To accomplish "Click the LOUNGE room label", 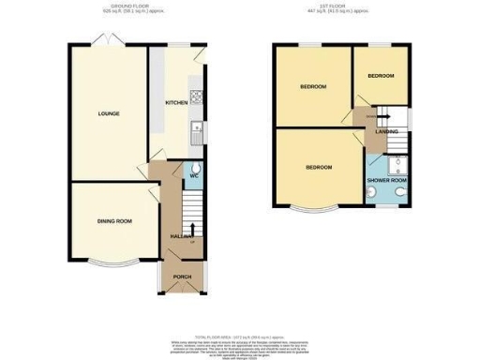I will pyautogui.click(x=108, y=114).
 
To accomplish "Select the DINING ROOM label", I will pyautogui.click(x=114, y=221).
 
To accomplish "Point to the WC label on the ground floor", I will pyautogui.click(x=193, y=175).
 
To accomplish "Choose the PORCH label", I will pyautogui.click(x=182, y=277).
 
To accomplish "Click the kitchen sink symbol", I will pyautogui.click(x=198, y=130).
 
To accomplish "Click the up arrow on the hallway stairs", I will pyautogui.click(x=193, y=228).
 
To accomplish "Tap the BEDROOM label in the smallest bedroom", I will pyautogui.click(x=381, y=75).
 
